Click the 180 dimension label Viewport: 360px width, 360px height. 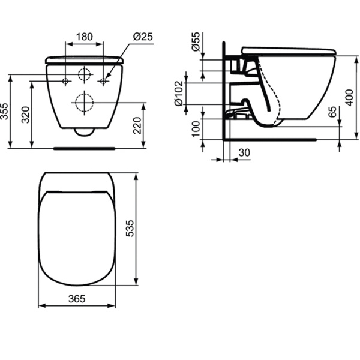click(84, 37)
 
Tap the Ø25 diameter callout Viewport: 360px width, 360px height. click(143, 37)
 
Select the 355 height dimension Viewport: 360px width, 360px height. click(5, 111)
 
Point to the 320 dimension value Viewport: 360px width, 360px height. click(26, 114)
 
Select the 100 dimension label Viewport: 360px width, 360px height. click(196, 128)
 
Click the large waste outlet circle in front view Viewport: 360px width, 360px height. click(84, 102)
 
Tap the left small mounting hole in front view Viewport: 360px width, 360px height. click(66, 80)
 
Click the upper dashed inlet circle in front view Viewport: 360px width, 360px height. click(84, 75)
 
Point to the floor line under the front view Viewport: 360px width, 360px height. click(84, 146)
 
